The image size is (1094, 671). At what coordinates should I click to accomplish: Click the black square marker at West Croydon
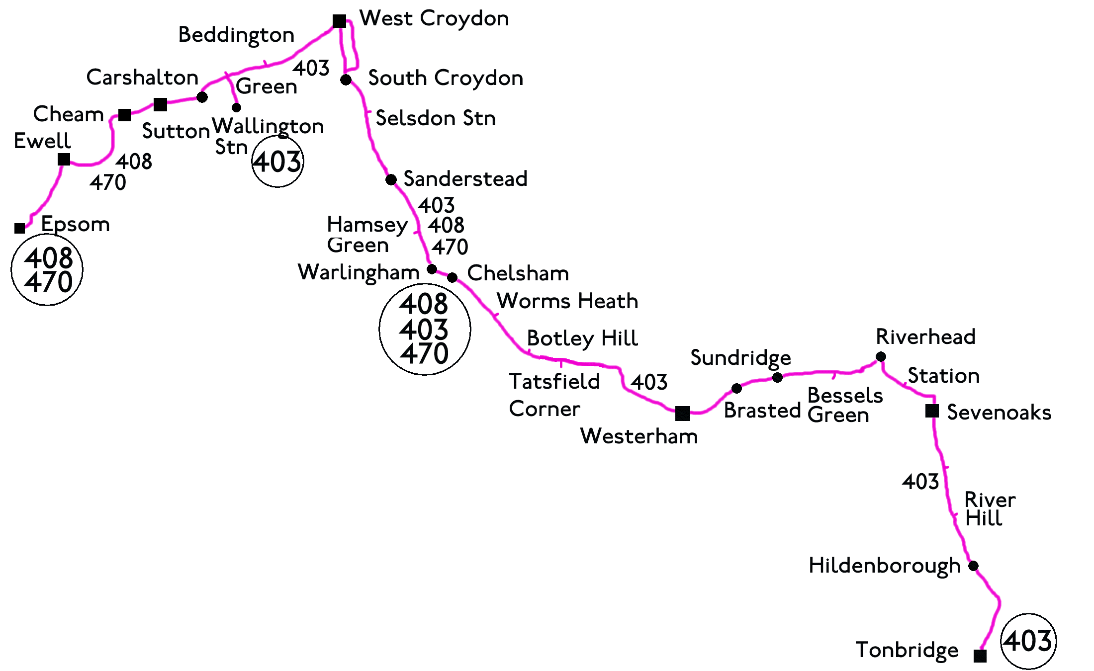tap(339, 21)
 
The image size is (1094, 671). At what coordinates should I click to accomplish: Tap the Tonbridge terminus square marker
tap(980, 656)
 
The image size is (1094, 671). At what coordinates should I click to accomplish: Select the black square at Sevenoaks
tap(932, 411)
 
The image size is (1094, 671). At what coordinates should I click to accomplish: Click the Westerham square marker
tap(683, 413)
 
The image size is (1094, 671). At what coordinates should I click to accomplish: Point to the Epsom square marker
tap(20, 228)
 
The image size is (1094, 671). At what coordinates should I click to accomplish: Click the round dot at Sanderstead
tap(391, 179)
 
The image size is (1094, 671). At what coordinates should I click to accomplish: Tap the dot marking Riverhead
tap(881, 356)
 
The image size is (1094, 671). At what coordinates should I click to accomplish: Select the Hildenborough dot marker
tap(973, 566)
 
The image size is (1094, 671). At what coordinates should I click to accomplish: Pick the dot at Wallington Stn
tap(237, 107)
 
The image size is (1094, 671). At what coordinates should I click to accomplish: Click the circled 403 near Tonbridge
tap(1028, 641)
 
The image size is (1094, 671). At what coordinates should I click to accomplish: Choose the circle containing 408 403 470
tap(425, 329)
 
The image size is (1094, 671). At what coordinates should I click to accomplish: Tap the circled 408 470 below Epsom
tap(47, 270)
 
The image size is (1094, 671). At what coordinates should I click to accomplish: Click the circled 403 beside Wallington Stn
tap(277, 162)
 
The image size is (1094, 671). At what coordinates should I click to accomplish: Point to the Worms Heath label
tap(567, 301)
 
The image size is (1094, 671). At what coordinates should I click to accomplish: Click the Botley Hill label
tap(582, 338)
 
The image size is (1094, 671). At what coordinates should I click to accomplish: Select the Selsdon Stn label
tap(436, 118)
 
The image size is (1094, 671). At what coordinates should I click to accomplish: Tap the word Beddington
tap(236, 35)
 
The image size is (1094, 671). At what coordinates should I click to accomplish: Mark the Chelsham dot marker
tap(452, 277)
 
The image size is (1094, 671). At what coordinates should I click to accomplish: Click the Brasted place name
tap(762, 411)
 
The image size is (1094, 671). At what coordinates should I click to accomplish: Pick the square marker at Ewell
tap(64, 159)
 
